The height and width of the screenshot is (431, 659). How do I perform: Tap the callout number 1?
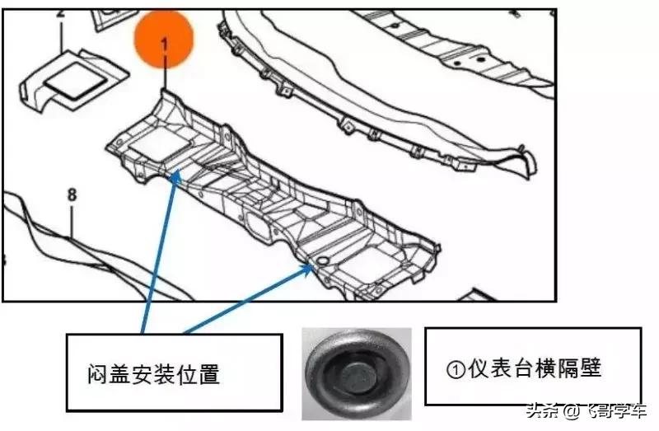164,46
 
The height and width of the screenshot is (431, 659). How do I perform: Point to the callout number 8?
72,195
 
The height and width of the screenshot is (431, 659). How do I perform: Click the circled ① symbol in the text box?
455,368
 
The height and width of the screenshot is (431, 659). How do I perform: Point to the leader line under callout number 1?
164,74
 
